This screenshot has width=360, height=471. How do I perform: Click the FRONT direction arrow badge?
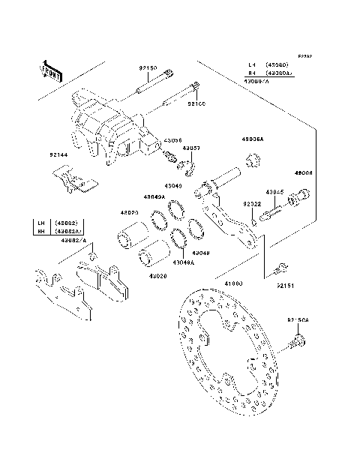(x=50, y=70)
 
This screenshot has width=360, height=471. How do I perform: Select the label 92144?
(x=59, y=155)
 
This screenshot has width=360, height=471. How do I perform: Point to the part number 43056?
(x=173, y=140)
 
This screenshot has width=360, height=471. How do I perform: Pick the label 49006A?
(x=252, y=140)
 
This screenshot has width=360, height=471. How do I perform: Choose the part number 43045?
(x=275, y=192)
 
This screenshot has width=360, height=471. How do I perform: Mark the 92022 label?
(x=251, y=203)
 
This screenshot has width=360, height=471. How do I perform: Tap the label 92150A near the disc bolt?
(x=298, y=320)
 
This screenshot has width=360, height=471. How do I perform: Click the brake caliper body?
(x=112, y=127)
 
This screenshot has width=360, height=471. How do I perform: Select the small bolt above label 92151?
(x=280, y=266)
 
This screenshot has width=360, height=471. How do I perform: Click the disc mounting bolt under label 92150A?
(x=297, y=343)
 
